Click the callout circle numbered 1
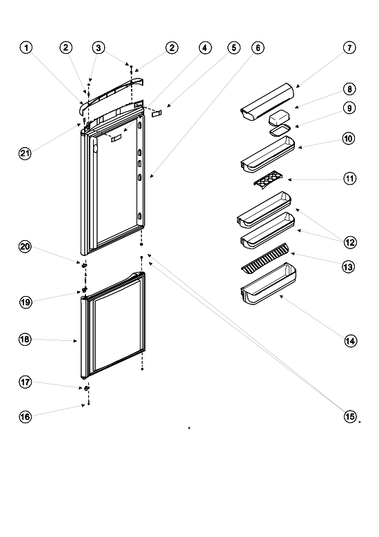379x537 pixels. (26, 48)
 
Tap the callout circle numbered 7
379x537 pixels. (349, 48)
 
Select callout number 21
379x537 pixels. (25, 153)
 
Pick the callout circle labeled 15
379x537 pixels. (349, 416)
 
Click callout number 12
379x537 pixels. (350, 242)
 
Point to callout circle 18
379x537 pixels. (25, 339)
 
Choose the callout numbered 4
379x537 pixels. (205, 48)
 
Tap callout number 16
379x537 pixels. (25, 416)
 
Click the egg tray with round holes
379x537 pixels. (269, 179)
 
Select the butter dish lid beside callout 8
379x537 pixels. (278, 117)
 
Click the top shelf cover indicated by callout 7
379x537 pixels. (267, 101)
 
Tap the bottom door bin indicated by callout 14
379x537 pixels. (269, 284)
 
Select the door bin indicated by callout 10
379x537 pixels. (268, 154)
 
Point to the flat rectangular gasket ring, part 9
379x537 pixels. (280, 130)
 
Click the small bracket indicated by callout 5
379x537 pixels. (157, 113)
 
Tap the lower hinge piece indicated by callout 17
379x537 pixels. (86, 388)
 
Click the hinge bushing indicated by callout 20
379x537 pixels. (84, 265)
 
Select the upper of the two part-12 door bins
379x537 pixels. (264, 210)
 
